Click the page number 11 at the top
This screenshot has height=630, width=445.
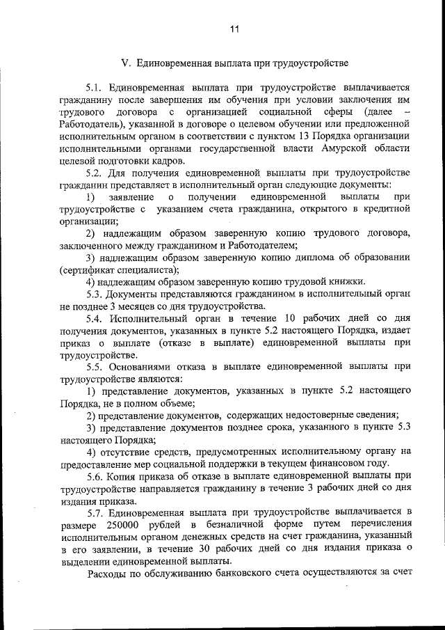pos(234,29)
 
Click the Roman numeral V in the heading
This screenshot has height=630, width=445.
pos(125,63)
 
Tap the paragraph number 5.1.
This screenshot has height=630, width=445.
pos(94,88)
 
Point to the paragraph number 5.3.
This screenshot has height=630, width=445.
pos(95,293)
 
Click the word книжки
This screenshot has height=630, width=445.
pos(345,281)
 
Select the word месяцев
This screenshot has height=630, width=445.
pos(136,306)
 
